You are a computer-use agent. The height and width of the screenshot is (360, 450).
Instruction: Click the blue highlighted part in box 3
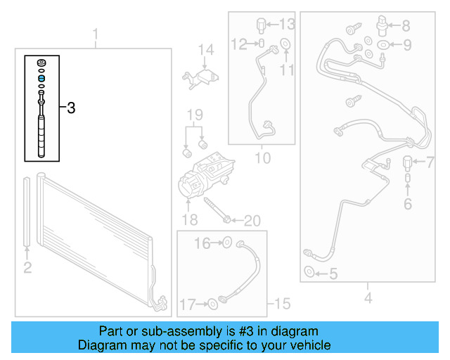[x=41, y=78]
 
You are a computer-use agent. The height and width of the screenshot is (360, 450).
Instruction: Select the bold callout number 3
[x=71, y=108]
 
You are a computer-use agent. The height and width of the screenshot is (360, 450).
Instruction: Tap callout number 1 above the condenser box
[x=96, y=34]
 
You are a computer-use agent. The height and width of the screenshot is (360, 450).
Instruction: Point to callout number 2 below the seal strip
[x=27, y=267]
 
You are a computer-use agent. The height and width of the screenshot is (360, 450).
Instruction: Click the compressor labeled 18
[x=205, y=176]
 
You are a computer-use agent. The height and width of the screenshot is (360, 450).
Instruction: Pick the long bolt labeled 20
[x=217, y=210]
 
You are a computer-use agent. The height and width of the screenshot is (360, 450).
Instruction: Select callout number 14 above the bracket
[x=206, y=50]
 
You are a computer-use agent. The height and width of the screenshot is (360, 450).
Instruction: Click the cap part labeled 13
[x=262, y=25]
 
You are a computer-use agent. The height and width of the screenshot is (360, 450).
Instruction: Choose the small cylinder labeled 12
[x=262, y=44]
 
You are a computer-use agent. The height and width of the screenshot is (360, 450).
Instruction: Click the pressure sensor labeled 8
[x=382, y=25]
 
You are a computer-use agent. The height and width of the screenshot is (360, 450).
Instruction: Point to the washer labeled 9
[x=382, y=45]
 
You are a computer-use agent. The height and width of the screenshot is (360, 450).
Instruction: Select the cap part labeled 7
[x=407, y=163]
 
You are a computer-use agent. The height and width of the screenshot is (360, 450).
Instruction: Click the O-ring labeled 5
[x=309, y=271]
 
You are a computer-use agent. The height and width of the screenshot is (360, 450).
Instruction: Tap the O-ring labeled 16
[x=227, y=243]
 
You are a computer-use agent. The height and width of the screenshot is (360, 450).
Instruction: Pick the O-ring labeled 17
[x=212, y=304]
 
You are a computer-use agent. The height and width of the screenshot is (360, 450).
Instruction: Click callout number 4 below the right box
[x=368, y=297]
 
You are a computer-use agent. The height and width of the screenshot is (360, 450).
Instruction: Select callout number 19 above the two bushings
[x=195, y=115]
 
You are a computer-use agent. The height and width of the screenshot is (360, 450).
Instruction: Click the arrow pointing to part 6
[x=408, y=189]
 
